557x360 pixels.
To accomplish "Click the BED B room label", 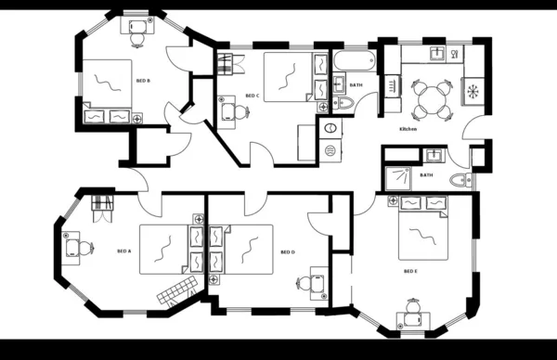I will coord(143,81).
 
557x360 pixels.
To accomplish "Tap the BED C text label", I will coord(252,96).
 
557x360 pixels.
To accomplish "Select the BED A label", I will coord(123,251).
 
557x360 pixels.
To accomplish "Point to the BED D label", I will coord(288,251).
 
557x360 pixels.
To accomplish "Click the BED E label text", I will coord(410,271).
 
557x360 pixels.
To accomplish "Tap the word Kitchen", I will coord(407,129).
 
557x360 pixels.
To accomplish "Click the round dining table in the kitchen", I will coord(429,96).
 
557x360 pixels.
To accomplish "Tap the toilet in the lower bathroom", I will coord(457,179).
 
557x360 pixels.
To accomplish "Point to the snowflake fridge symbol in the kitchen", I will coord(473,90).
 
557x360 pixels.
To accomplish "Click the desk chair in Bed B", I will coord(138,36).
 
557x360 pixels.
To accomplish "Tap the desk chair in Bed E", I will coord(413,307).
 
